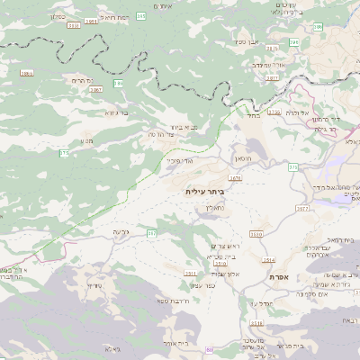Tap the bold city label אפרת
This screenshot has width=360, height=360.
pyautogui.click(x=278, y=278)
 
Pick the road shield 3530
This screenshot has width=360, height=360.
pyautogui.click(x=256, y=234)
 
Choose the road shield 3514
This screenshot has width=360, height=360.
pyautogui.click(x=268, y=260)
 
